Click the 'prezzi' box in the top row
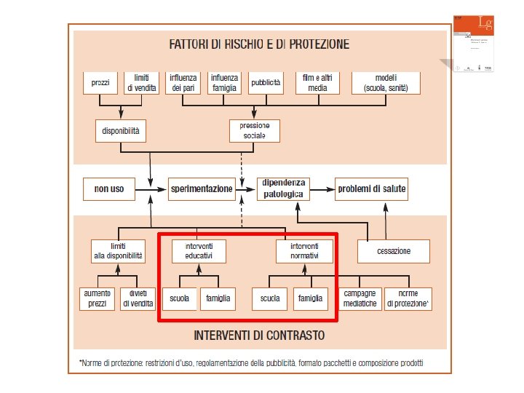100,83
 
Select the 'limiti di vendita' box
141,83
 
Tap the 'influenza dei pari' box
183,83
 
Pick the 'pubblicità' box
266,83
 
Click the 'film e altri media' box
317,83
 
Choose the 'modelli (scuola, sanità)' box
386,83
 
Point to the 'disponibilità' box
122,131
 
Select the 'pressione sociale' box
254,131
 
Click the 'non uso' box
109,189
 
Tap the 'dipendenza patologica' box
285,188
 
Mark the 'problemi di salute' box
371,189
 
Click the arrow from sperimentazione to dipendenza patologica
247,189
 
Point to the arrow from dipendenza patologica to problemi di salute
322,189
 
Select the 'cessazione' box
394,251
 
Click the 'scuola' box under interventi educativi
179,298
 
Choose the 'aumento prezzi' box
97,298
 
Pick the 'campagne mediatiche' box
360,298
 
